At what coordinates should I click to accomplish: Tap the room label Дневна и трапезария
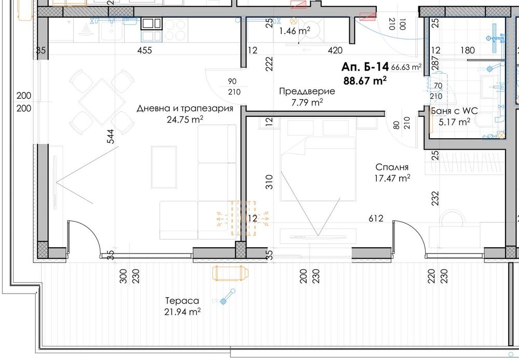pos(185,109)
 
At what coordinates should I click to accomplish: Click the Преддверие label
pos(307,91)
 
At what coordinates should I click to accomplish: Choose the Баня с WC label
pos(454,111)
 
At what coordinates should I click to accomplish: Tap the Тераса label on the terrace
pos(181,301)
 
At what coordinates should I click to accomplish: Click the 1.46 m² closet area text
pos(295,31)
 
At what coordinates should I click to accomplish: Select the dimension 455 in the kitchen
pos(144,50)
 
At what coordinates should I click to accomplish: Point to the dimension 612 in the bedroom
pos(376,219)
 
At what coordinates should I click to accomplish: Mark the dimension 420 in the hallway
pos(335,50)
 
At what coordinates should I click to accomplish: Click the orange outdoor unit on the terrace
pos(231,273)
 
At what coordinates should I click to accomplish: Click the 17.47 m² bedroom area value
pos(393,178)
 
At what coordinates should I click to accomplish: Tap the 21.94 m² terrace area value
pos(181,312)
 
